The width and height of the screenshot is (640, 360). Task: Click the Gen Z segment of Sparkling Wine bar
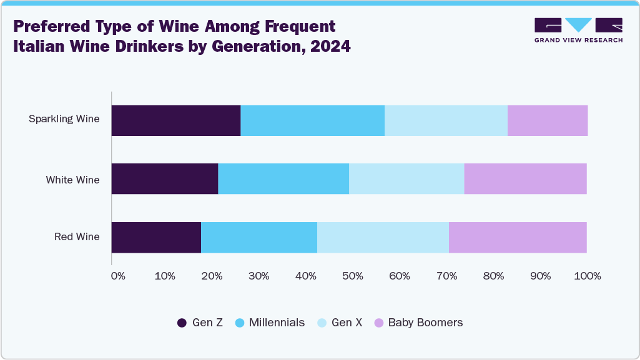click(176, 120)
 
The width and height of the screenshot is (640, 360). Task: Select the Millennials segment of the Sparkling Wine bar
click(312, 120)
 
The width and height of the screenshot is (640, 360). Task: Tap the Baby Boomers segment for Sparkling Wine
click(547, 120)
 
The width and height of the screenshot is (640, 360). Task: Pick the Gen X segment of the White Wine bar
click(406, 179)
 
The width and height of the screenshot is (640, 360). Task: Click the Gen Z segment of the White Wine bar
click(165, 179)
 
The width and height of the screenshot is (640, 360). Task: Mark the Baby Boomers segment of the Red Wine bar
click(518, 237)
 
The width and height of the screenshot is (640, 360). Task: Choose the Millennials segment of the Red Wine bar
click(259, 237)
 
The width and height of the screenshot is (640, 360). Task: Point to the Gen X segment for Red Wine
click(383, 237)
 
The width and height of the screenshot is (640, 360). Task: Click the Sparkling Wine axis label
click(64, 119)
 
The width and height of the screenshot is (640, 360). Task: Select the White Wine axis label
click(72, 180)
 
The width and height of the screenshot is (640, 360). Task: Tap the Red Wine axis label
click(77, 237)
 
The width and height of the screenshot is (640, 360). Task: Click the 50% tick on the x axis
click(353, 276)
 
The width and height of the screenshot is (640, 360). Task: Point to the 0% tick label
click(118, 276)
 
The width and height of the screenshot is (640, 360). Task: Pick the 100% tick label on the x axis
click(587, 276)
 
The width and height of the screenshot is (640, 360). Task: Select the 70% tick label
click(446, 276)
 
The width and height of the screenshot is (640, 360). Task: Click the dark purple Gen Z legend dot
click(182, 323)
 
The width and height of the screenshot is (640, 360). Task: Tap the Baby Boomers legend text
click(425, 323)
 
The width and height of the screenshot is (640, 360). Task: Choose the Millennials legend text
click(277, 323)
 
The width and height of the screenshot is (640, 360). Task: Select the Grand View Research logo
click(578, 30)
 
